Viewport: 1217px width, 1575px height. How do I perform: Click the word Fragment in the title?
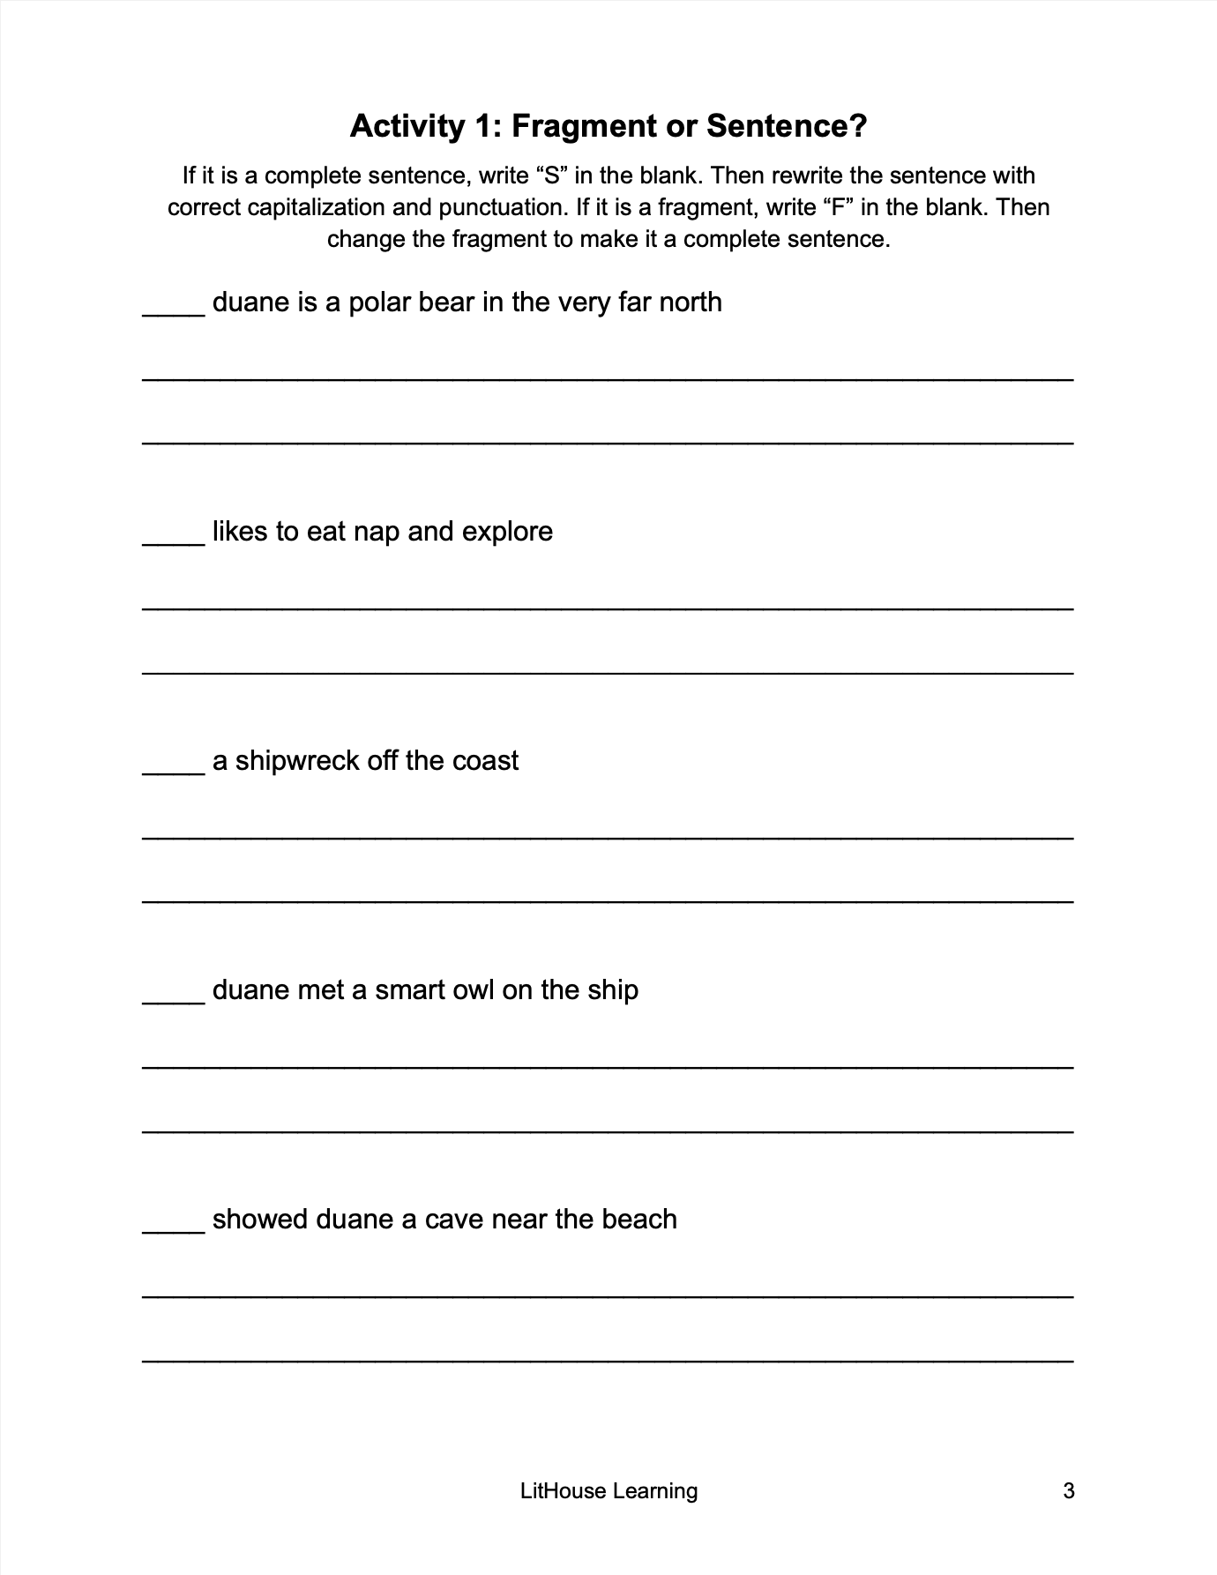584,127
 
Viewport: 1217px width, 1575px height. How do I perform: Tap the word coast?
485,761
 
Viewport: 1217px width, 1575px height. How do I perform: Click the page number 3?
1069,1491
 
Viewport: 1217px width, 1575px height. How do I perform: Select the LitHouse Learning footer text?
608,1491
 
